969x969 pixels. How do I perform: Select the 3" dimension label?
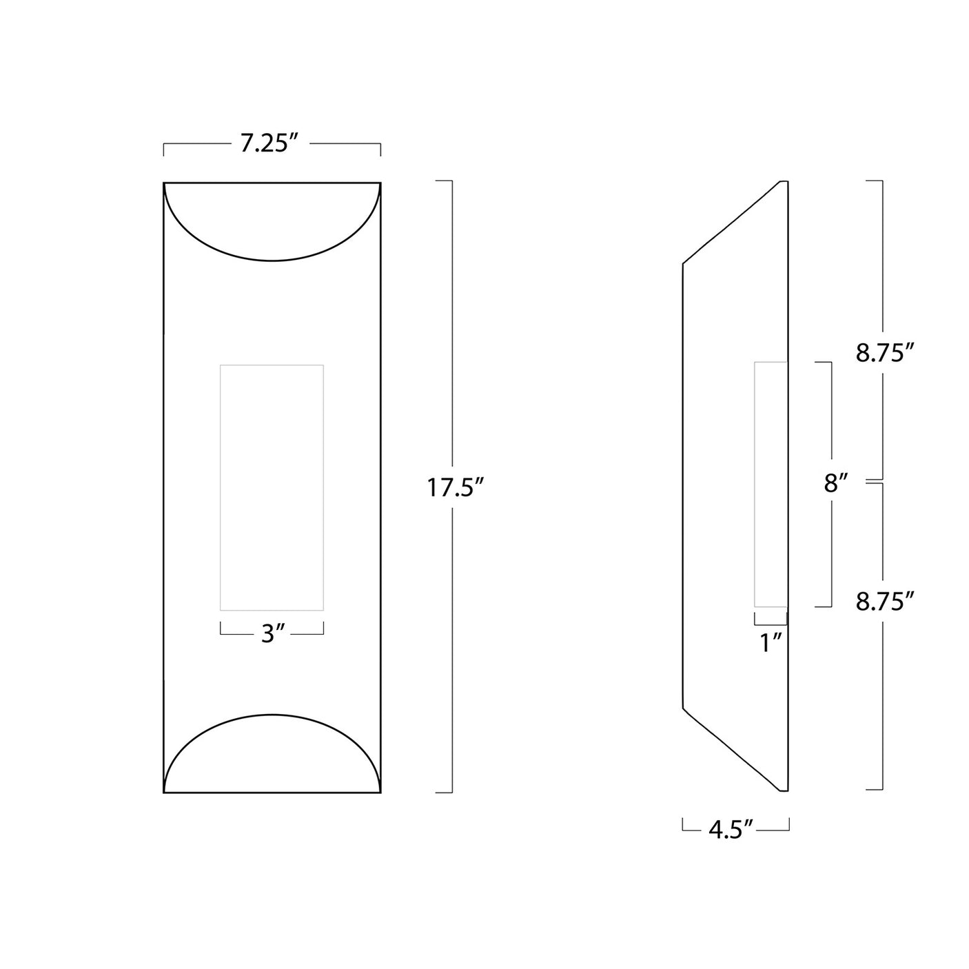pyautogui.click(x=273, y=634)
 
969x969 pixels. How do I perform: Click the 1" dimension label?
pyautogui.click(x=771, y=642)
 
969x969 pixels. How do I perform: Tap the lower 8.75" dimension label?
pyautogui.click(x=885, y=602)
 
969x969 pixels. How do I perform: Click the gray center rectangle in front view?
pyautogui.click(x=272, y=487)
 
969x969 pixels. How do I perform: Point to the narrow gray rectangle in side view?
pyautogui.click(x=771, y=484)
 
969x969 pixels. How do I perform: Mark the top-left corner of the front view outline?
pyautogui.click(x=164, y=183)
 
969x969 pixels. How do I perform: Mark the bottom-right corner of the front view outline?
pyautogui.click(x=380, y=793)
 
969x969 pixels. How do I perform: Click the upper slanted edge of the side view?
pyautogui.click(x=731, y=223)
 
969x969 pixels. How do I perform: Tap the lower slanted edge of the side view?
pyautogui.click(x=731, y=749)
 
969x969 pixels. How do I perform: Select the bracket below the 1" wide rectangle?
pyautogui.click(x=771, y=624)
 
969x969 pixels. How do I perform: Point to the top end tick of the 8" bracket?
pyautogui.click(x=823, y=362)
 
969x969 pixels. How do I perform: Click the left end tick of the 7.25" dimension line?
pyautogui.click(x=164, y=149)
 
